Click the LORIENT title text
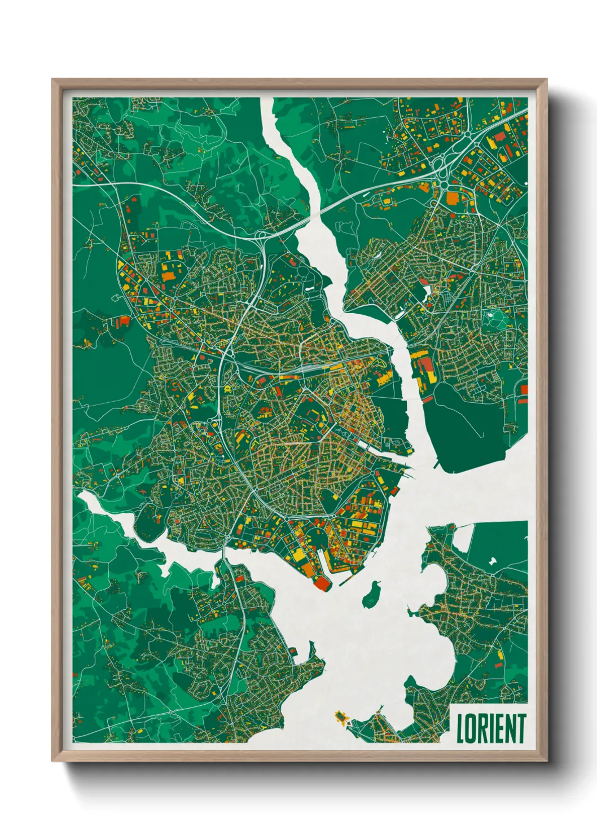pos(491,728)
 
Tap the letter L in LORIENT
pos(460,728)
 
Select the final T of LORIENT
pos(521,728)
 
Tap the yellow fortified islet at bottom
pos(341,717)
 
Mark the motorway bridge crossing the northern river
pos(316,213)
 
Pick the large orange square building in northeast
pos(453,197)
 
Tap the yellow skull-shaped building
pos(227,389)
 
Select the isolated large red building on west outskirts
pos(123,322)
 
